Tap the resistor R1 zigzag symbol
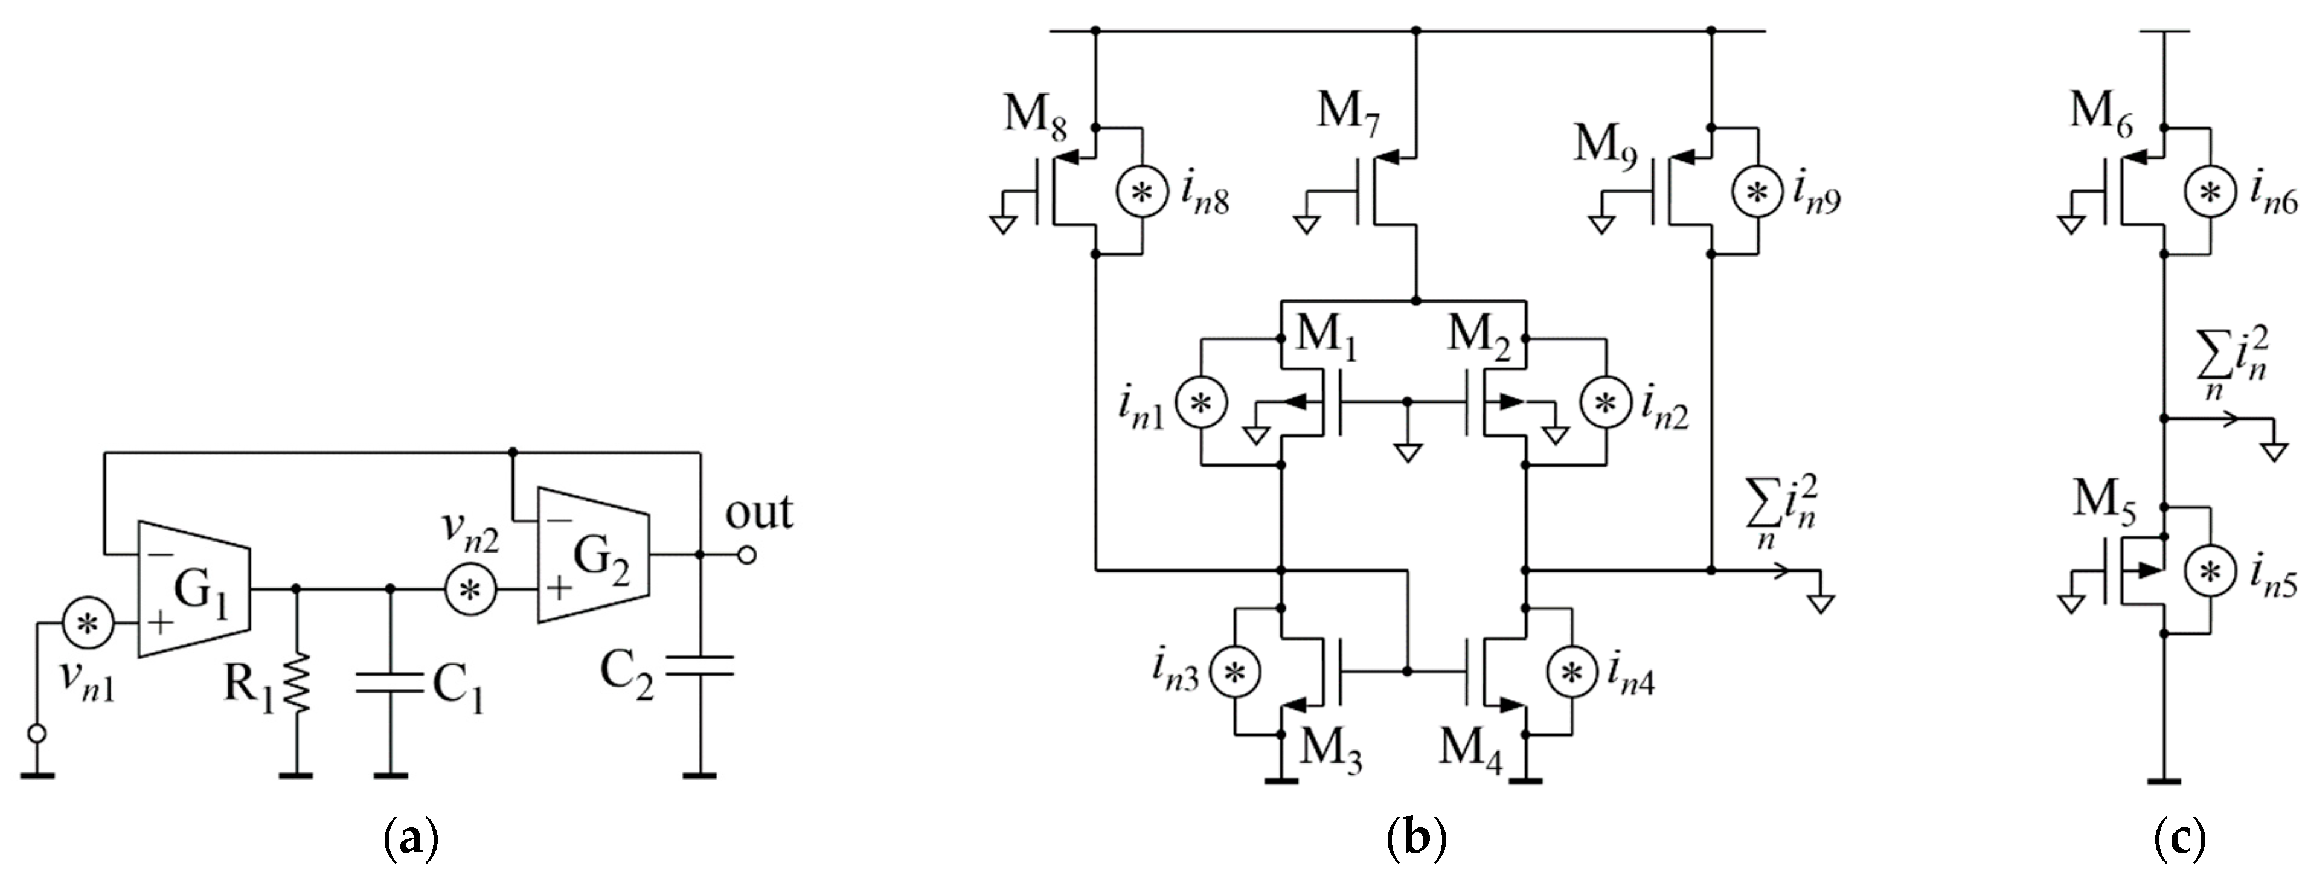pos(297,683)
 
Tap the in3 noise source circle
pos(1236,672)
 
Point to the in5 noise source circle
pos(2210,571)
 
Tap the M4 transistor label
pos(1469,746)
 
